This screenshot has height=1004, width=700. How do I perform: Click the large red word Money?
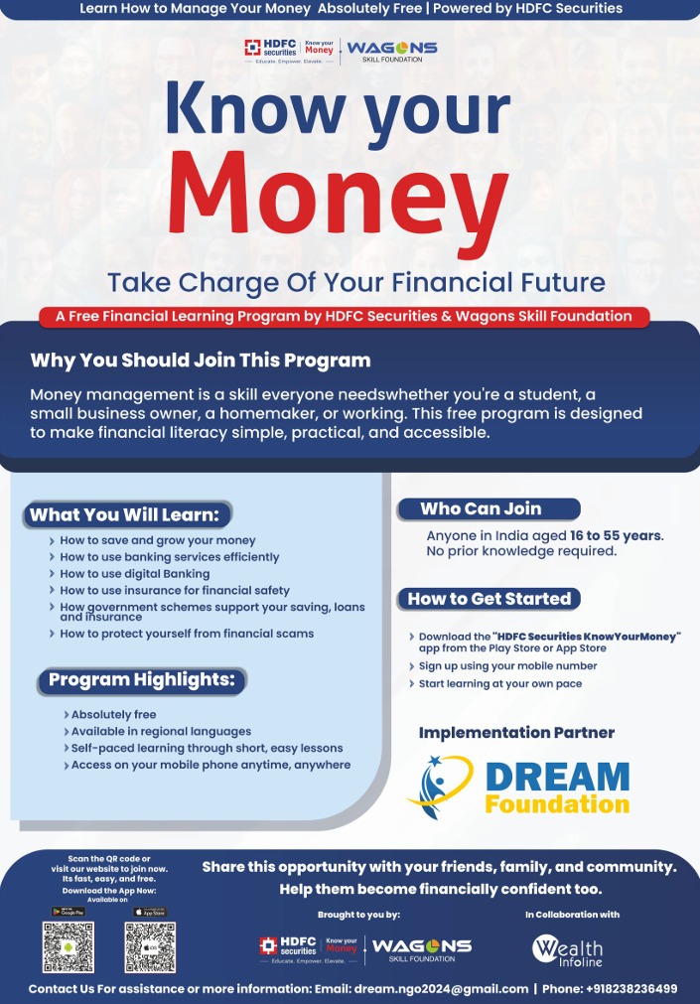(x=338, y=204)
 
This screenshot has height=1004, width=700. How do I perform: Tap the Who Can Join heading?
(x=481, y=509)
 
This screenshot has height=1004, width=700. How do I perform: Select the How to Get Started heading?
(x=490, y=599)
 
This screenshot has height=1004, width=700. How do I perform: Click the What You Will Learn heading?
(x=124, y=514)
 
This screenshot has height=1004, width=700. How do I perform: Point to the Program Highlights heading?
(x=142, y=680)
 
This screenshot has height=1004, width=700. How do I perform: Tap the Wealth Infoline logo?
(x=567, y=950)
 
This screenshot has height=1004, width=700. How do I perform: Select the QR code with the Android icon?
(x=69, y=947)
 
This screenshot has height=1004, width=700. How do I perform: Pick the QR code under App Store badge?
(x=151, y=947)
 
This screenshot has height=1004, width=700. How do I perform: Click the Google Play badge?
(x=69, y=912)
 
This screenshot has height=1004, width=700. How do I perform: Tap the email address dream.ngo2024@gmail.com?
(x=441, y=989)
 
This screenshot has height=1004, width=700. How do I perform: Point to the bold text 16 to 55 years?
(x=617, y=535)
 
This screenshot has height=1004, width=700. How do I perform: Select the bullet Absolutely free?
(x=113, y=715)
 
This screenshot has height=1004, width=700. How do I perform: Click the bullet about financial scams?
(x=187, y=634)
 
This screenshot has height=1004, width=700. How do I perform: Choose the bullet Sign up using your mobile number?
(x=507, y=666)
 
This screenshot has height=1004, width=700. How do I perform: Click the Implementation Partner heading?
(x=516, y=733)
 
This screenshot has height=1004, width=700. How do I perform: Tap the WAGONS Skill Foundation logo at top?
(x=392, y=51)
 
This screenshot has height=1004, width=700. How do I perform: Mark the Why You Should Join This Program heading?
(x=201, y=360)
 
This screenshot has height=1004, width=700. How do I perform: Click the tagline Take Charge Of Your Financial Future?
(x=356, y=282)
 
